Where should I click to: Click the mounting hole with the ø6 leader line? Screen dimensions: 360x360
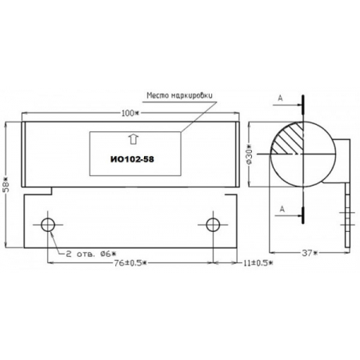click(x=50, y=223)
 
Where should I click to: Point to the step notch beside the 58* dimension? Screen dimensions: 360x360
click(x=38, y=190)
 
